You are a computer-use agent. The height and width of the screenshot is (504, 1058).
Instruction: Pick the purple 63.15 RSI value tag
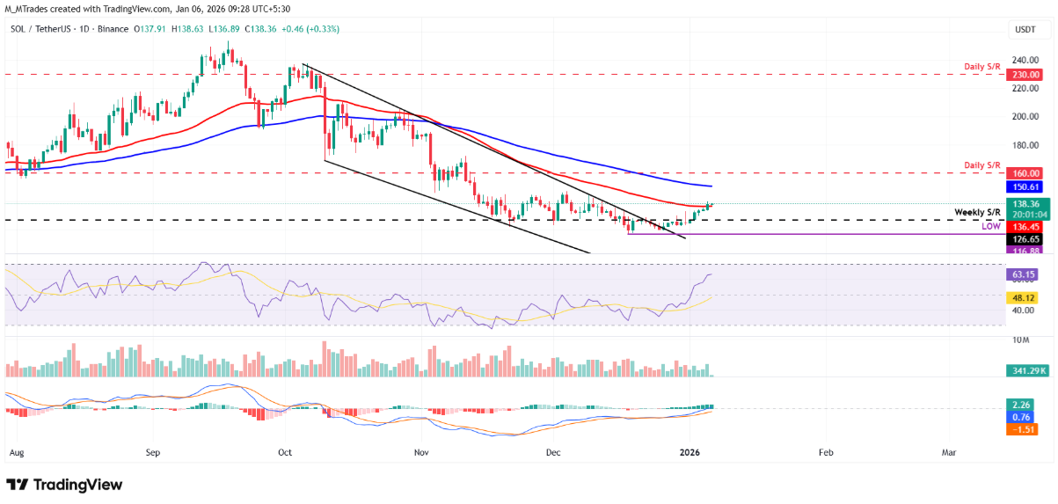pyautogui.click(x=1024, y=274)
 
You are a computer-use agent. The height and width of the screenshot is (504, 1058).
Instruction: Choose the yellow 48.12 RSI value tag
pyautogui.click(x=1024, y=298)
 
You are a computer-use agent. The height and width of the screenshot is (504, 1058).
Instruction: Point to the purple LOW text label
pyautogui.click(x=991, y=227)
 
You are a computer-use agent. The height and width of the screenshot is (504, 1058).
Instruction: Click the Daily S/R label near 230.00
pyautogui.click(x=981, y=67)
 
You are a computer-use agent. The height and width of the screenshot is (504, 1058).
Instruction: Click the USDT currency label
pyautogui.click(x=1025, y=29)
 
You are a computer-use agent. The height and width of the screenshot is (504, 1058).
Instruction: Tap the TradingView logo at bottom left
pyautogui.click(x=64, y=485)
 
